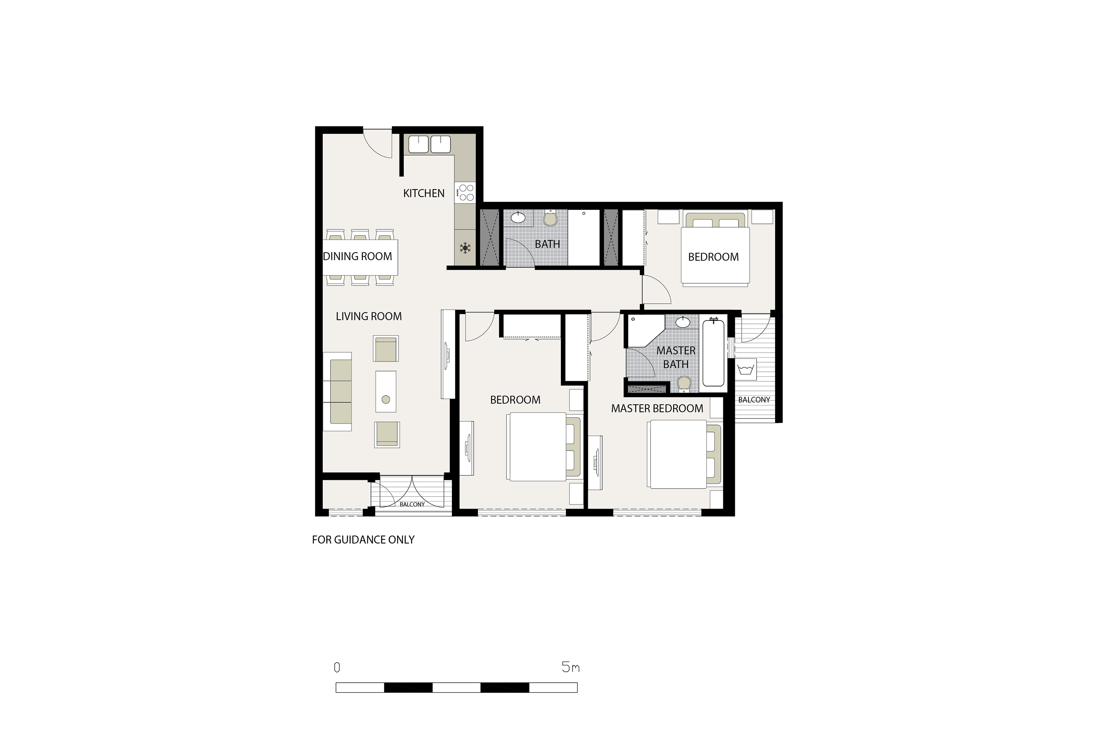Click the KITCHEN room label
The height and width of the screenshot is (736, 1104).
424,194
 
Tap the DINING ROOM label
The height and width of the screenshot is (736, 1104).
358,256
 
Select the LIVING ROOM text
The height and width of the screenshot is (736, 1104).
369,316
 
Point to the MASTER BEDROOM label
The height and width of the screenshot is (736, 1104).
657,408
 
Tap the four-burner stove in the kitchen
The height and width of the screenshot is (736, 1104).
465,192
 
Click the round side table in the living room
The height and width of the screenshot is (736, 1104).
386,399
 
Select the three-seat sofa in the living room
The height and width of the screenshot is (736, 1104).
337,392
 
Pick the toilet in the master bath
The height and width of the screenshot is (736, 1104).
684,384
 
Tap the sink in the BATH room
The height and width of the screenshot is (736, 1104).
518,217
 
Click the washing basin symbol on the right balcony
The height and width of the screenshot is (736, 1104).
746,369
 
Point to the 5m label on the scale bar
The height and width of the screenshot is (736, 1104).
571,667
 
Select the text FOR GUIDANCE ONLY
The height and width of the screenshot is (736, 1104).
363,540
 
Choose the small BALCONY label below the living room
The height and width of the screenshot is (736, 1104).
412,505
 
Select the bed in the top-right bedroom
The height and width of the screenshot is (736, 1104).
715,249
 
